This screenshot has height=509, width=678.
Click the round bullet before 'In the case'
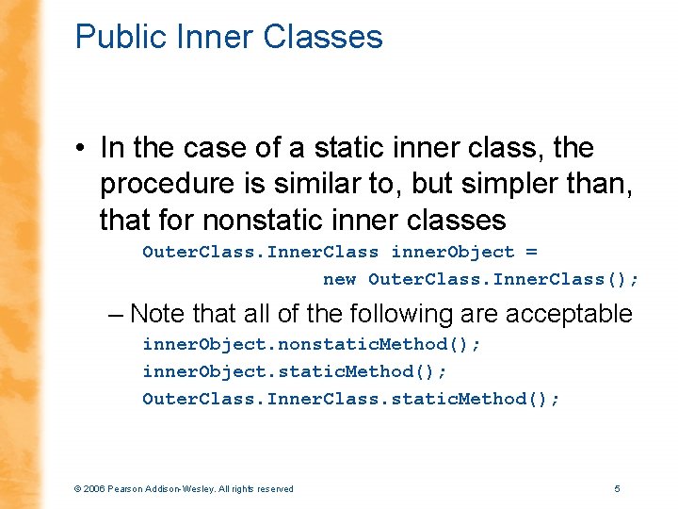coord(83,149)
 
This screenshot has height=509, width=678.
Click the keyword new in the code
coord(339,279)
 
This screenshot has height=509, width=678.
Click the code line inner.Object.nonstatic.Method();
coord(312,344)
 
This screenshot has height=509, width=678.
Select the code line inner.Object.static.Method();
coord(291,371)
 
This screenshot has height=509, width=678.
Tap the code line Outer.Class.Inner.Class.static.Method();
coord(350,399)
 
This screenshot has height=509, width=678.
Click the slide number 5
coord(617,488)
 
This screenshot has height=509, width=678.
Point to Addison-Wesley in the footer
coord(187,488)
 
